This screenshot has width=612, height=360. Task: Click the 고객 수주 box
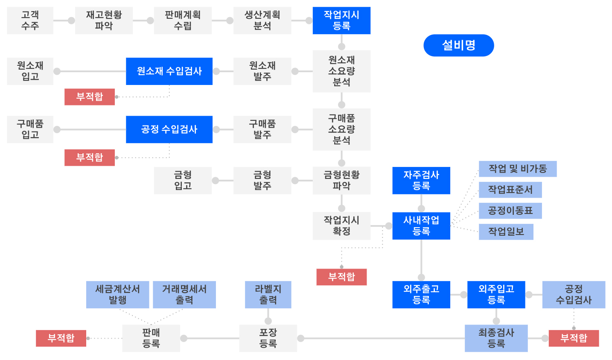(x=30, y=20)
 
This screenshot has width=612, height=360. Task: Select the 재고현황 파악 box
(x=104, y=20)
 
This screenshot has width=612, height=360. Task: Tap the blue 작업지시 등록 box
(x=341, y=20)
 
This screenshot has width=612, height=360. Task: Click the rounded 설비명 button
(x=458, y=45)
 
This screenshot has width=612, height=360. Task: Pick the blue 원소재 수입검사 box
(x=169, y=71)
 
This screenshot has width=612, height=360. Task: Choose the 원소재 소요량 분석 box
(x=341, y=71)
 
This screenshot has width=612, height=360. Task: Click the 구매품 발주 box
(x=262, y=129)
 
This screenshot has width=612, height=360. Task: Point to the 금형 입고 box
(x=183, y=181)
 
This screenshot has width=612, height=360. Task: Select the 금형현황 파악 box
(x=341, y=181)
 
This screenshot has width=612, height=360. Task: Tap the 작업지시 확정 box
(x=341, y=226)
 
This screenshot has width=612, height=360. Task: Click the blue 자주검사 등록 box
(x=421, y=181)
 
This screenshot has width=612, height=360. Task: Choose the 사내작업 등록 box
(x=421, y=226)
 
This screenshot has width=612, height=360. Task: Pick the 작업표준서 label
(x=510, y=190)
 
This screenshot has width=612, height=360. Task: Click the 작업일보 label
(x=506, y=232)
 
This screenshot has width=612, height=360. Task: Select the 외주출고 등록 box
(x=421, y=295)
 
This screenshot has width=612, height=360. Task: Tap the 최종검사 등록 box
(x=496, y=338)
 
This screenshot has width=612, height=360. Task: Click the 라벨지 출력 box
(x=268, y=295)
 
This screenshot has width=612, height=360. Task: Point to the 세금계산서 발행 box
(x=117, y=295)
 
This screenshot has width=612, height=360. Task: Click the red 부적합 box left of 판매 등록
(x=61, y=338)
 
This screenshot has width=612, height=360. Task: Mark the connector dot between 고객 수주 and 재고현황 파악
(x=71, y=20)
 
